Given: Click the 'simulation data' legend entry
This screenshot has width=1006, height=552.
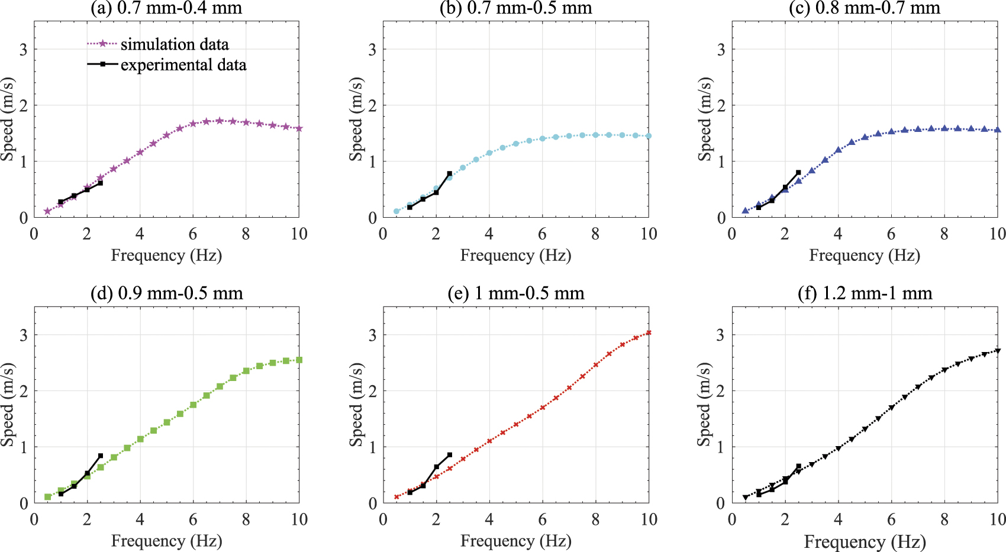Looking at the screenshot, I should click(174, 44).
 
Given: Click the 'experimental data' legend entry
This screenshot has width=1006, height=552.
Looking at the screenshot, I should click(183, 65).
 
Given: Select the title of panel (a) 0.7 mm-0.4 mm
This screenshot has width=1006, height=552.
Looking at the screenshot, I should click(166, 8).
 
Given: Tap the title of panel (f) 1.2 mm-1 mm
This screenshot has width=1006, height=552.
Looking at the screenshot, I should click(865, 293).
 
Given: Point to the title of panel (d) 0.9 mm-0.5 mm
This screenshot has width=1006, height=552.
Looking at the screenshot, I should click(166, 293).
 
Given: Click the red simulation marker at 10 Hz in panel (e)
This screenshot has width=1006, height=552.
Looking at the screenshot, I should click(649, 333).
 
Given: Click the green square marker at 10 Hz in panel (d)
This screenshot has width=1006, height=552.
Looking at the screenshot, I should click(299, 360).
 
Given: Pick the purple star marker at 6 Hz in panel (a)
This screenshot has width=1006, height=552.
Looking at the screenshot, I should click(193, 124).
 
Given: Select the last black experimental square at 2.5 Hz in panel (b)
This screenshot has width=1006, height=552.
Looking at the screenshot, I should click(449, 174).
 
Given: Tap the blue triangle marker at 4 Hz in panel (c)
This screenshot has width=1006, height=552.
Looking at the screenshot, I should click(838, 150).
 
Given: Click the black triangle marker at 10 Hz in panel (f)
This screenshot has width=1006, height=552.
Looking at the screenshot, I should click(998, 351).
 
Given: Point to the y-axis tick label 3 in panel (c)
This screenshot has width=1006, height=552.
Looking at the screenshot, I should click(721, 50).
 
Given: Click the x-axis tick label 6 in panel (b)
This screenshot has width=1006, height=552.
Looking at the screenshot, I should click(542, 234).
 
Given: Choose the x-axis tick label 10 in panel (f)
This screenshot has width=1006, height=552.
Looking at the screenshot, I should click(998, 519).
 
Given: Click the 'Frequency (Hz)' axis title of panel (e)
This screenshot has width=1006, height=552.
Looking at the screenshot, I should click(515, 541).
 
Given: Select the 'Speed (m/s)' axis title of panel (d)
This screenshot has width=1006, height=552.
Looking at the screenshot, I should click(8, 405).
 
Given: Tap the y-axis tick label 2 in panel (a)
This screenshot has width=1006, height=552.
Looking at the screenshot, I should click(23, 106).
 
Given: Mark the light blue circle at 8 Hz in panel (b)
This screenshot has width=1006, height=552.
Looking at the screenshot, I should click(595, 135).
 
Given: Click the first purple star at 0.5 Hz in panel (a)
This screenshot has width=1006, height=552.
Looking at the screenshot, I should click(47, 211).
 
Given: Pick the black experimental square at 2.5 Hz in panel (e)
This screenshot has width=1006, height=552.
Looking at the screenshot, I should click(449, 455).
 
